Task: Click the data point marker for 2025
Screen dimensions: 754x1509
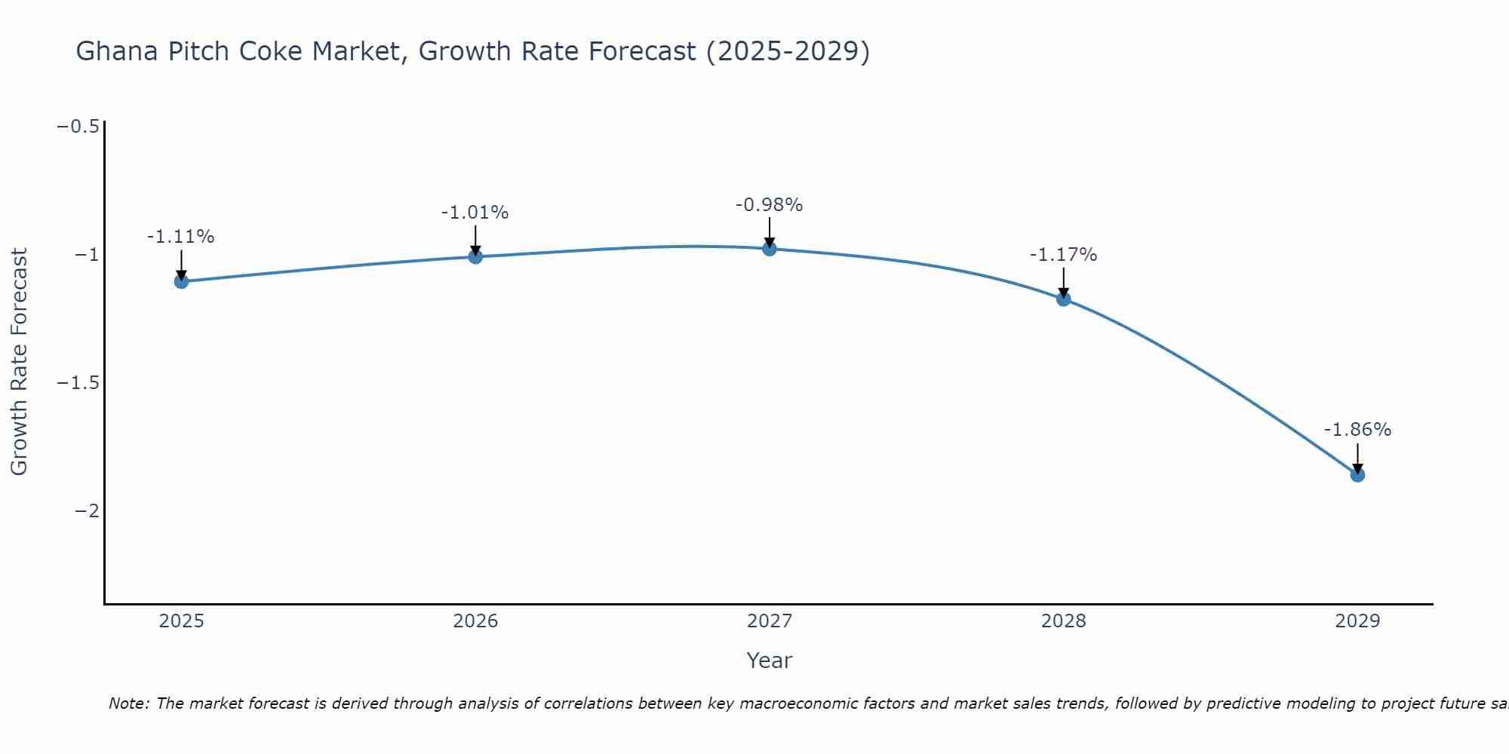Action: click(181, 281)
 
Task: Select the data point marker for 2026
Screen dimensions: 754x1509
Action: click(475, 256)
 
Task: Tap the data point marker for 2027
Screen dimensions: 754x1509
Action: click(770, 249)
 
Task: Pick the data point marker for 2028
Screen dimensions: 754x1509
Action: click(1063, 299)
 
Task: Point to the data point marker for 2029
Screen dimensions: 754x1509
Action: click(1357, 475)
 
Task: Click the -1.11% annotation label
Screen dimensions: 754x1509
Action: click(180, 237)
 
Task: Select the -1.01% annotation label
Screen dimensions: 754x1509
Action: click(475, 213)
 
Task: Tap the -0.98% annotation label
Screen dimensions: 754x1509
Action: click(769, 204)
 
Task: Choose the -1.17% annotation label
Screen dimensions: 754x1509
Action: click(1063, 255)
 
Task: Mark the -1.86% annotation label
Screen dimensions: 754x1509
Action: click(1357, 430)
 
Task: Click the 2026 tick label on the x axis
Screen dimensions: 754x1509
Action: click(475, 621)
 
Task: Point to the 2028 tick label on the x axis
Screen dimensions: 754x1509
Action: click(1063, 621)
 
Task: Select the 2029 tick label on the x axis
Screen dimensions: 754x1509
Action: click(1357, 621)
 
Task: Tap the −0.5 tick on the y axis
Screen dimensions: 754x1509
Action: click(78, 126)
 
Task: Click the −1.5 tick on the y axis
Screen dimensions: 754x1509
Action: click(78, 383)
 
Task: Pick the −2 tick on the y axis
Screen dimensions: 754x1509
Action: click(87, 511)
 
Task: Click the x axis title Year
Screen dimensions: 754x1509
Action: click(769, 661)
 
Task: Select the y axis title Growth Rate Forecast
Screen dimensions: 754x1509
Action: click(19, 362)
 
